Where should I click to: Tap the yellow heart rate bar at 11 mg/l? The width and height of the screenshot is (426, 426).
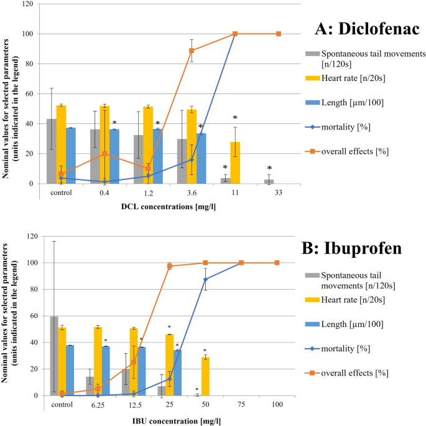235,163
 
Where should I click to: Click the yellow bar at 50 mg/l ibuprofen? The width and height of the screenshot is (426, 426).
205,376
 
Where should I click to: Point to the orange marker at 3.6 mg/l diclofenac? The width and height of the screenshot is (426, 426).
192,50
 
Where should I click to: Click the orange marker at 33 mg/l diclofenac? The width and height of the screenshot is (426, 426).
279,34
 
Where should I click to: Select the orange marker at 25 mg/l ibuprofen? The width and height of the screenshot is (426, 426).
169,266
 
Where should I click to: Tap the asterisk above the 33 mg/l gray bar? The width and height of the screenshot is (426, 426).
269,169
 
